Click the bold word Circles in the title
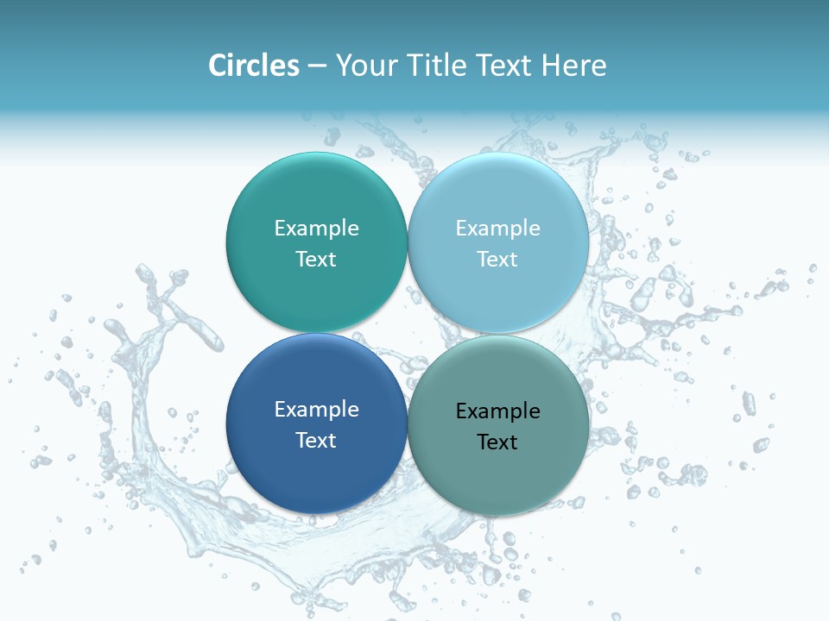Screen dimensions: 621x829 click(x=254, y=66)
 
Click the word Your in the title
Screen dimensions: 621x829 click(x=364, y=66)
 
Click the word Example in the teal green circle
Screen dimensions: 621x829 click(x=316, y=229)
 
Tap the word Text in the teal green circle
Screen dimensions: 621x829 click(x=316, y=260)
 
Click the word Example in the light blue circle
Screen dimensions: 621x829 click(x=497, y=229)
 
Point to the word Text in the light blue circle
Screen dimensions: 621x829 click(x=497, y=260)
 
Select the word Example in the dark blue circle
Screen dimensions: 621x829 click(x=316, y=410)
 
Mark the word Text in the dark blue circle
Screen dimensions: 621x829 click(x=316, y=441)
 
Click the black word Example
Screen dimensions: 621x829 click(x=497, y=411)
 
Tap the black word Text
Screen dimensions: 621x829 click(x=497, y=442)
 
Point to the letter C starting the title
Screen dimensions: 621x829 click(x=218, y=66)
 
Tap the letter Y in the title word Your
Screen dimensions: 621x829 click(x=342, y=66)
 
